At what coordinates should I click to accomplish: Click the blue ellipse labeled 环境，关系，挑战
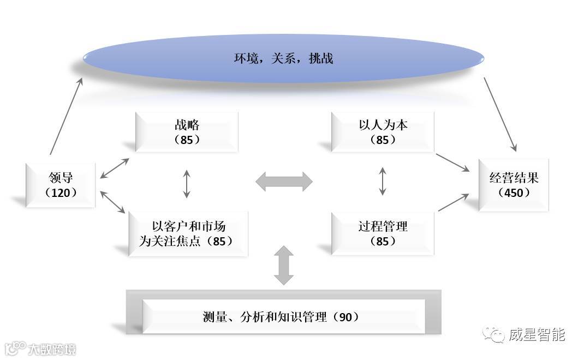pos(283,58)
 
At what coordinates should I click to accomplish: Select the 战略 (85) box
pos(187,132)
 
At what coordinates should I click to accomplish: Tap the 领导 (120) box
pos(61,185)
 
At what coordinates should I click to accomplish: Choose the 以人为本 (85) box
pos(383,132)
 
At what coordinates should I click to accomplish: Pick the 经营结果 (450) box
pos(514,185)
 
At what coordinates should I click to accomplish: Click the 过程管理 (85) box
pos(383,233)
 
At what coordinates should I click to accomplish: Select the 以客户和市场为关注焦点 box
pos(188,233)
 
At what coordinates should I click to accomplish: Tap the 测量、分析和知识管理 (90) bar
pos(283,316)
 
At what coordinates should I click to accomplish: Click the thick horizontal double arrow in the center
pos(284,181)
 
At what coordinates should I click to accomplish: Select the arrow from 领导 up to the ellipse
pos(66,116)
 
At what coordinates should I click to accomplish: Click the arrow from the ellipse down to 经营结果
pos(499,114)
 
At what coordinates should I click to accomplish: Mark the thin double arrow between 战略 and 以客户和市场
pos(187,184)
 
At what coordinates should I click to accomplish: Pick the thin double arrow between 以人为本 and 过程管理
pos(383,181)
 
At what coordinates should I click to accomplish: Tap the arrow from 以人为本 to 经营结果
pos(452,163)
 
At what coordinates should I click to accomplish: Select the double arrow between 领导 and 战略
pos(115,168)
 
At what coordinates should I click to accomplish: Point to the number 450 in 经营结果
pos(514,193)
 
